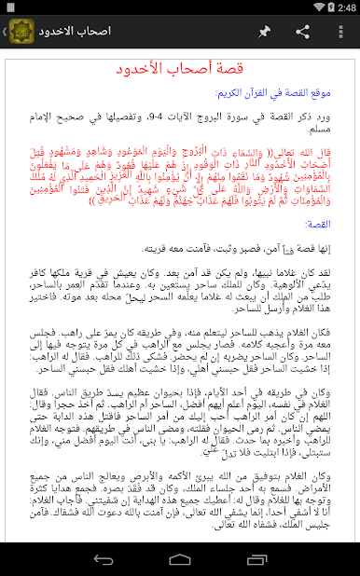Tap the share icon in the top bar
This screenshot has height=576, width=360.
302,32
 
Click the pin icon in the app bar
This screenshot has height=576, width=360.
265,32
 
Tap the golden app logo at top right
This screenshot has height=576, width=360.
19,32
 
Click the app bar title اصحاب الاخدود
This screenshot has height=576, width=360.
75,32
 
